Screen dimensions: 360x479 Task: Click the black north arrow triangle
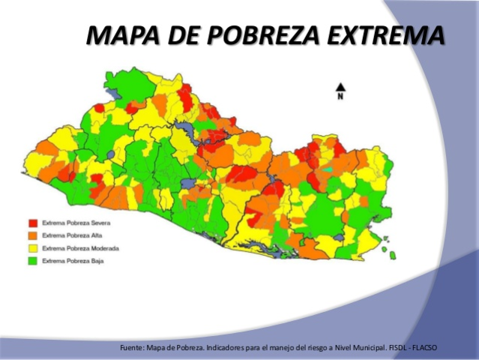tap(340, 86)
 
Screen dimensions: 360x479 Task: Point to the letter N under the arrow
tap(340, 96)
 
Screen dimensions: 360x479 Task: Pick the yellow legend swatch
tap(34, 248)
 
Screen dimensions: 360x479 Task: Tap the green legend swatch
tap(34, 261)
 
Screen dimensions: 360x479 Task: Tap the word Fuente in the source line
tap(133, 347)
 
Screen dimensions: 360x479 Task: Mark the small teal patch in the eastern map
tap(327, 170)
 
